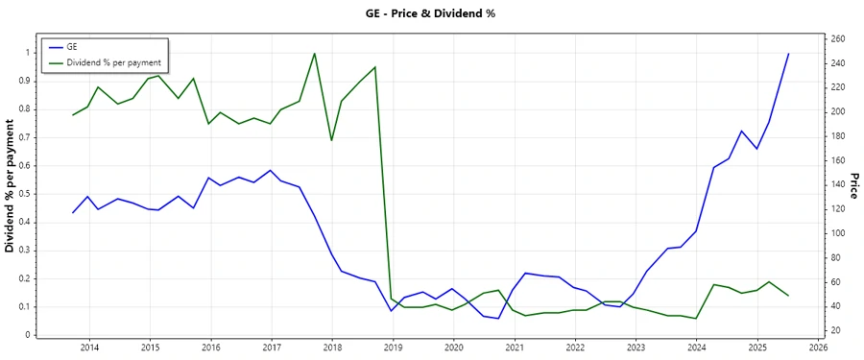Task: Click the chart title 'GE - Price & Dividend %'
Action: [x=430, y=13]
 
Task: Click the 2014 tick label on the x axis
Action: [x=89, y=348]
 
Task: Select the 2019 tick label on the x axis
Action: [x=393, y=348]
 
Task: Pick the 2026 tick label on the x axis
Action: [x=818, y=348]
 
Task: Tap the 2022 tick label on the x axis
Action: [x=575, y=348]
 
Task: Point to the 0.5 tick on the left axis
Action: [x=23, y=193]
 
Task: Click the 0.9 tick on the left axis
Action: [x=23, y=81]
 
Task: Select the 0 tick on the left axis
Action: [x=28, y=335]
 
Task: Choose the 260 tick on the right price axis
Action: [x=838, y=38]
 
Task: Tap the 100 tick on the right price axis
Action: [x=838, y=233]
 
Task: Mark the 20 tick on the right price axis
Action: [x=836, y=330]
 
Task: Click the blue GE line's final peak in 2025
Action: [x=788, y=54]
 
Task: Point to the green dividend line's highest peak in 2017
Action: [x=315, y=53]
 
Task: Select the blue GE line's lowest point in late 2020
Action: [x=498, y=319]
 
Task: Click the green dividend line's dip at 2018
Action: [x=331, y=140]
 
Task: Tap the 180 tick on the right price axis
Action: [x=838, y=135]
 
